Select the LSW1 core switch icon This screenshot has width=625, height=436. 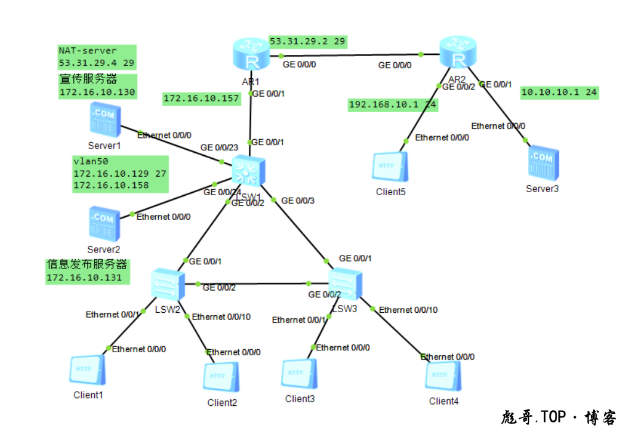(x=249, y=171)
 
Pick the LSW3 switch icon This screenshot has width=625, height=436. (x=344, y=284)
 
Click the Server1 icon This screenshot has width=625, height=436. (x=105, y=119)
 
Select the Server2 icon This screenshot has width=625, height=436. (x=103, y=224)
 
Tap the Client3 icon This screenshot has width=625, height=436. (x=299, y=374)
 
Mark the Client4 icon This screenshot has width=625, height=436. (x=443, y=376)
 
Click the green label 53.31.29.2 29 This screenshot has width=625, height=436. (x=308, y=41)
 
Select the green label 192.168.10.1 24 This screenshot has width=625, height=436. (x=393, y=105)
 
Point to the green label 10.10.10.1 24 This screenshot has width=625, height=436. (x=559, y=92)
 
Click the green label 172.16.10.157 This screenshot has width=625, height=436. (x=201, y=99)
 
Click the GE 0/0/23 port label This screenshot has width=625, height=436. (x=219, y=148)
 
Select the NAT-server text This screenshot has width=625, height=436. (x=87, y=50)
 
